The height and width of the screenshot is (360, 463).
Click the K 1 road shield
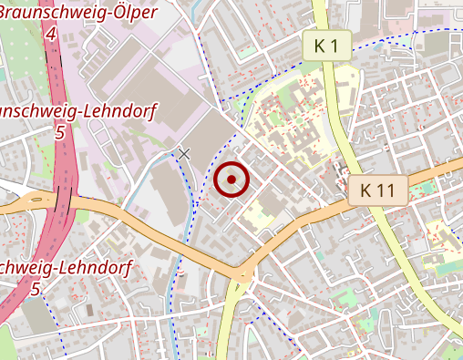(x=327, y=46)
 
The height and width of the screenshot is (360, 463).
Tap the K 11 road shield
(x=377, y=190)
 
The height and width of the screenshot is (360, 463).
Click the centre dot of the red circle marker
(x=231, y=180)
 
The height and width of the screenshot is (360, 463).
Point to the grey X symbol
(x=185, y=154)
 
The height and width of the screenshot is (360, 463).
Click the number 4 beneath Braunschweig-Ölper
(x=51, y=35)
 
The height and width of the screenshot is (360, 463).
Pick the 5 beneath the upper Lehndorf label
(x=60, y=133)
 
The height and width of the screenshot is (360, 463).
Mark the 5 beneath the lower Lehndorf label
(x=36, y=290)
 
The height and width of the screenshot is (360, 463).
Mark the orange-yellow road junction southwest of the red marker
(x=242, y=273)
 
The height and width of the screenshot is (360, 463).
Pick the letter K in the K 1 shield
(x=319, y=46)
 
